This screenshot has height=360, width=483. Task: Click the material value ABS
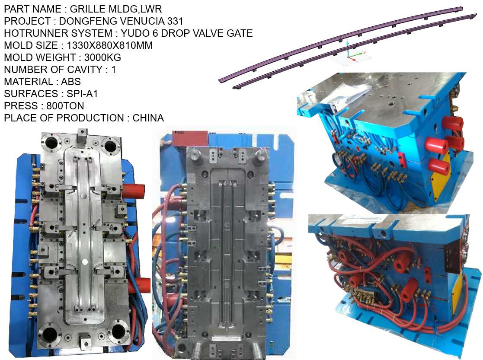click(x=70, y=81)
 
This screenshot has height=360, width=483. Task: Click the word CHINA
click(x=148, y=118)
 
